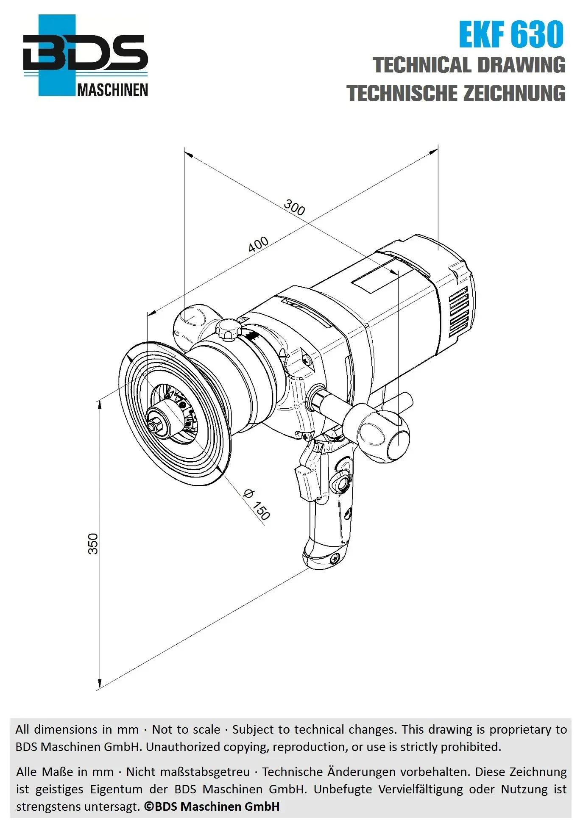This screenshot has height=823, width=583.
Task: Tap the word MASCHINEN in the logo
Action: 113,90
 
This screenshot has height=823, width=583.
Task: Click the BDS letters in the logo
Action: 85,53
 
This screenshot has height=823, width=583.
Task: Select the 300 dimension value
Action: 294,207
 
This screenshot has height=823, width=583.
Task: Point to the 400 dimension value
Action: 258,244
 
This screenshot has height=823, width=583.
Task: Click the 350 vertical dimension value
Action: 93,543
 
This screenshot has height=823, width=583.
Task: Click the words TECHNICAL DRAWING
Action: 469,65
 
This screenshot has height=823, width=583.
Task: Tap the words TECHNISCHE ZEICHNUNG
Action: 456,93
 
